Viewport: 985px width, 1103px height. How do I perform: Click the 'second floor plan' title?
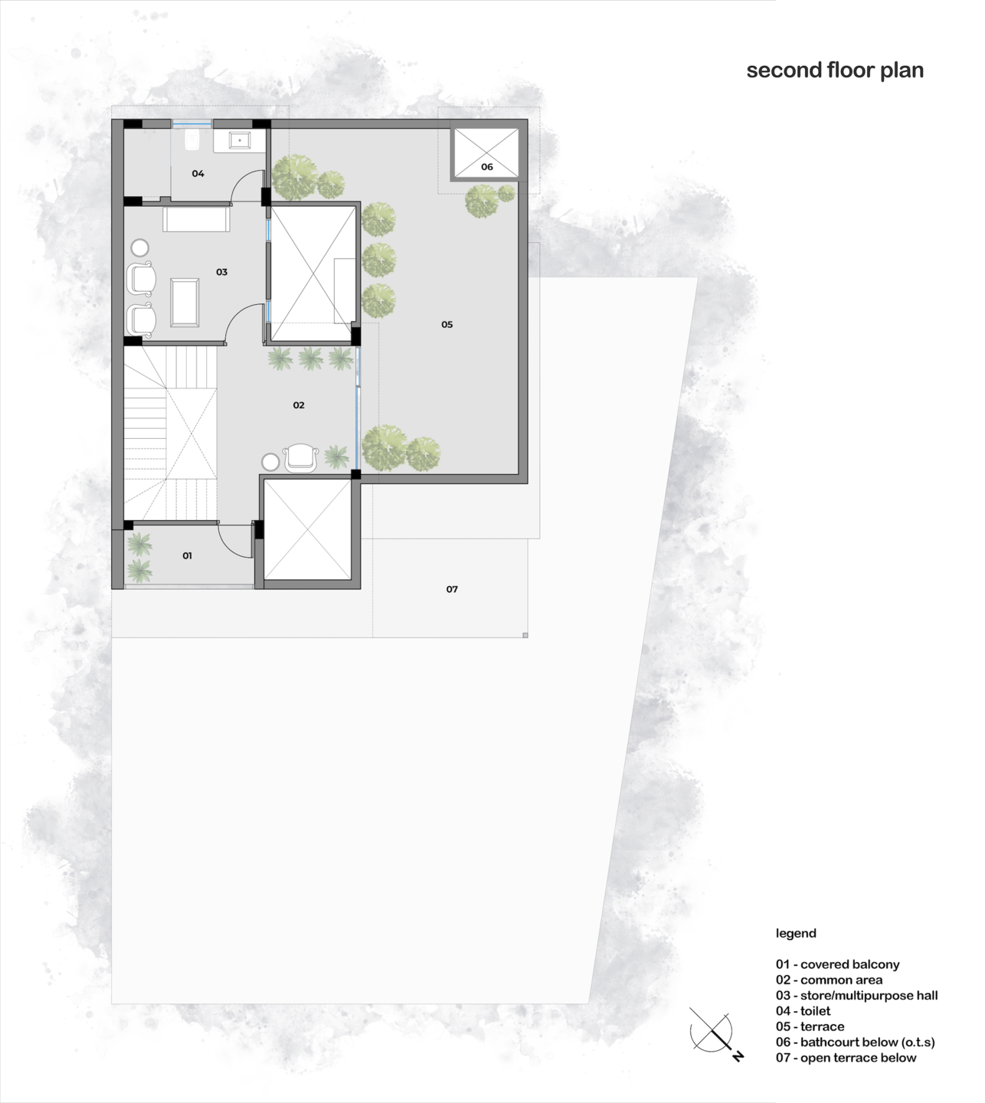point(835,70)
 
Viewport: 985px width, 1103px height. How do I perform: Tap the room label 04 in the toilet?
point(198,174)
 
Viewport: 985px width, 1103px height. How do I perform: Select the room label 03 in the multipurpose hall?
point(221,272)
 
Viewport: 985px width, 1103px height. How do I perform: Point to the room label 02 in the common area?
point(299,405)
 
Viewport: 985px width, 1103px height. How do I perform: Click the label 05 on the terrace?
point(447,325)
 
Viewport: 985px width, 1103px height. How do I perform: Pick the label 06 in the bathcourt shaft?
point(487,166)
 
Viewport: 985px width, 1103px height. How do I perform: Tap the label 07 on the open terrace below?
point(452,589)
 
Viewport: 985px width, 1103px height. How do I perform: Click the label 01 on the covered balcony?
point(187,556)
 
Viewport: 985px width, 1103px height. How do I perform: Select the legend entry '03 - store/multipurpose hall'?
point(856,996)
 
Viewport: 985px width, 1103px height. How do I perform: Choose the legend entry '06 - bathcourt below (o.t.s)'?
point(855,1042)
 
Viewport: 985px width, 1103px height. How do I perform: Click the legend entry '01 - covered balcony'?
point(837,964)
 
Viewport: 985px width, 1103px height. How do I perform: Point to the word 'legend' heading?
point(796,934)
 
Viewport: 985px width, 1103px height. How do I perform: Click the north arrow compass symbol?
point(714,1033)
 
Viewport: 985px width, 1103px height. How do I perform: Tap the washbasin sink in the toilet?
point(240,140)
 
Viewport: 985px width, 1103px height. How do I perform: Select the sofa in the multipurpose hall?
point(196,219)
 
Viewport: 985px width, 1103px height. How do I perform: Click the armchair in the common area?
point(300,457)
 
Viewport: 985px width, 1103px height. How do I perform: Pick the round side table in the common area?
point(270,462)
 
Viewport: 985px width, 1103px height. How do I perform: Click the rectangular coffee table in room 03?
point(185,303)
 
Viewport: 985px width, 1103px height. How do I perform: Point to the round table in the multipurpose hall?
point(140,248)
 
